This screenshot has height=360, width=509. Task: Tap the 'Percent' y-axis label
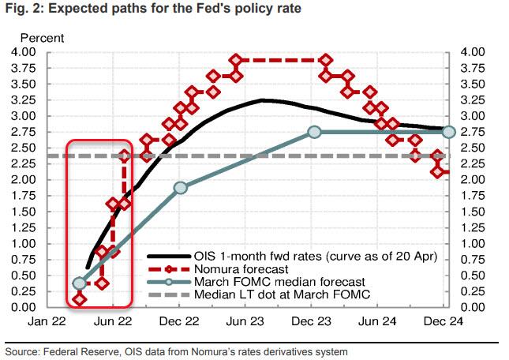[42, 38]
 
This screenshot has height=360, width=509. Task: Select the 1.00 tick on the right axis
[469, 243]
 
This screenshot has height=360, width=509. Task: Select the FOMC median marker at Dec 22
[181, 188]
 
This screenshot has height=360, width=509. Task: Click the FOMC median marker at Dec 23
[314, 132]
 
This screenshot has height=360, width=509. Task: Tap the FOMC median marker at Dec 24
[448, 132]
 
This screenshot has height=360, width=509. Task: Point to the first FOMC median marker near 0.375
[79, 283]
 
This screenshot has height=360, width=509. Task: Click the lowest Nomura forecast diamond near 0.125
[79, 299]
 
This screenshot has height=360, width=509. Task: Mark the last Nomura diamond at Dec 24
[447, 172]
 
